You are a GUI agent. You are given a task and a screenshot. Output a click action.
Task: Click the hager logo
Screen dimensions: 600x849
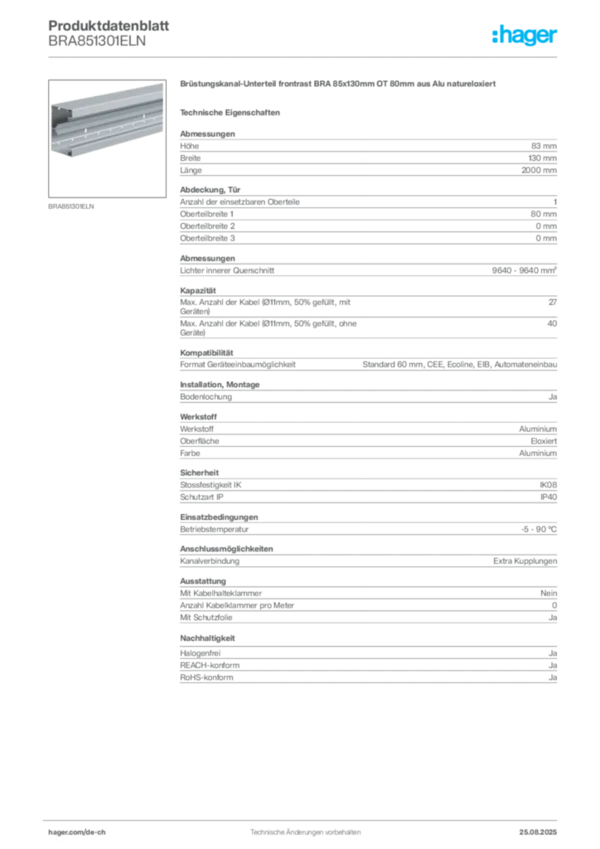524,36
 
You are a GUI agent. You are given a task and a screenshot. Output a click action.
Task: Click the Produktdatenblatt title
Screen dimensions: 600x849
109,26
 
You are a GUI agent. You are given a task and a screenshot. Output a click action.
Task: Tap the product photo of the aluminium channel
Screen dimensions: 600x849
107,138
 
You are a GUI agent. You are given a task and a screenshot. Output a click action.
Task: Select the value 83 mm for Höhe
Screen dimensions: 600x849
544,146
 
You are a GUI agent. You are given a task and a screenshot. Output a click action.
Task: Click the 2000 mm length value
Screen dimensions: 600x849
539,170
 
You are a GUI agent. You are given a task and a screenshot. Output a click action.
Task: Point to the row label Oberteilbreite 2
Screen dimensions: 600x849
207,226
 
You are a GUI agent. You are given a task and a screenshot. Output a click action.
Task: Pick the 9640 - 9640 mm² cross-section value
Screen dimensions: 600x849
525,270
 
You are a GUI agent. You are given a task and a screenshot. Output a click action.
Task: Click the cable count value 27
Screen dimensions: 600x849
553,302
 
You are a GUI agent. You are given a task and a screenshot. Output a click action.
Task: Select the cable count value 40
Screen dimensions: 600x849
552,323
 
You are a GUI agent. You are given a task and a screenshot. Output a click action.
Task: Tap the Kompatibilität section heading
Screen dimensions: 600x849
206,352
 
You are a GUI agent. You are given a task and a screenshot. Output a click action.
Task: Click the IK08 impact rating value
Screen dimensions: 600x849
548,485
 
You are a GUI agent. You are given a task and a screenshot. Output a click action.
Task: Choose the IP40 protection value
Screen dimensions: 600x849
549,497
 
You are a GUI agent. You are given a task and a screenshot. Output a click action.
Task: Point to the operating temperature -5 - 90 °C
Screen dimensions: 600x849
539,530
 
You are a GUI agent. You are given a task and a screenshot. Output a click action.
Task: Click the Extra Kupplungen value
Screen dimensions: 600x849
525,561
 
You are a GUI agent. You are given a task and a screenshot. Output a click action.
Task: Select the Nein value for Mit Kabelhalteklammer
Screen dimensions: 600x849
549,594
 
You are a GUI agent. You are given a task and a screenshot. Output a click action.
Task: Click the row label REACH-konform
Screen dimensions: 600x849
210,666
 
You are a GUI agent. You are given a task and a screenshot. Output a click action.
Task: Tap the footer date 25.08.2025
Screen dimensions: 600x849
538,832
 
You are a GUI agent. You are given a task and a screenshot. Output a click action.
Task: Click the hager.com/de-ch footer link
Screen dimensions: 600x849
77,832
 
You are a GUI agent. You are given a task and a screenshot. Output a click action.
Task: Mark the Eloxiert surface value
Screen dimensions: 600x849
544,441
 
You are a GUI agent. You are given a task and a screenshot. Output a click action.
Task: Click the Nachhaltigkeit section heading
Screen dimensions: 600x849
207,638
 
